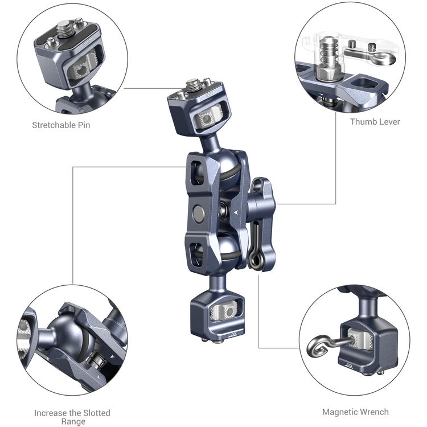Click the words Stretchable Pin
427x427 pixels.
(61, 125)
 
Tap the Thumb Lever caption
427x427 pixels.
(375, 121)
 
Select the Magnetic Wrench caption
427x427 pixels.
(355, 412)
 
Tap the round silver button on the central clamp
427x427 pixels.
(199, 213)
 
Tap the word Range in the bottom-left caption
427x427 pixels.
(72, 422)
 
